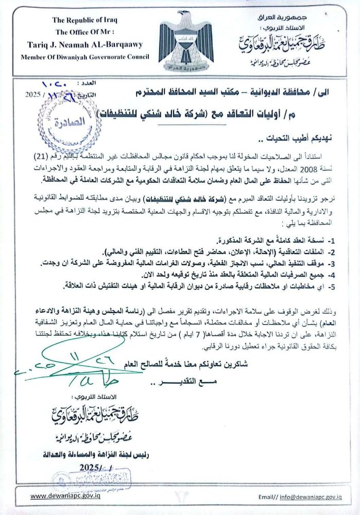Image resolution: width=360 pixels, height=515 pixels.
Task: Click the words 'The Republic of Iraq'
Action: [85, 20]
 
